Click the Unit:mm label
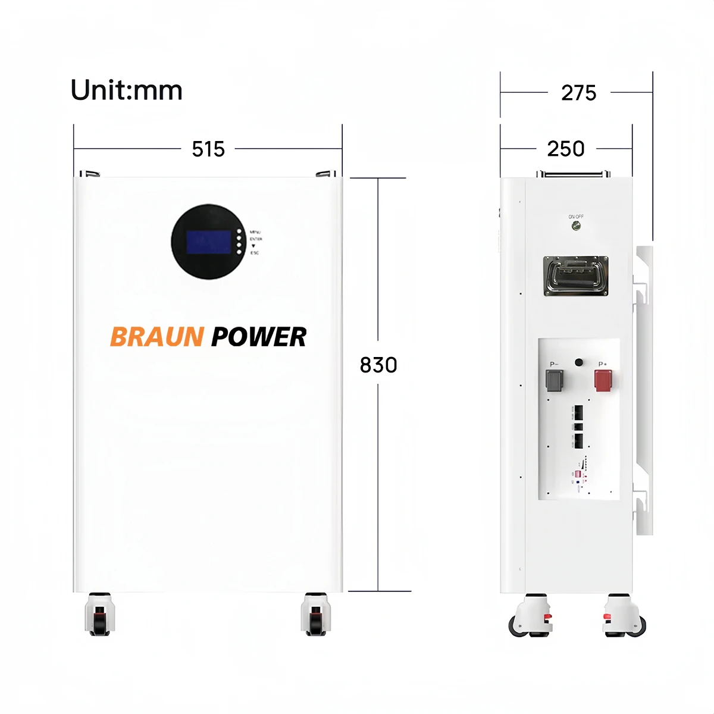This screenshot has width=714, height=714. (x=126, y=90)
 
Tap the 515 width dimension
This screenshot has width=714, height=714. (x=208, y=149)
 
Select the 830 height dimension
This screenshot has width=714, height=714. (x=378, y=365)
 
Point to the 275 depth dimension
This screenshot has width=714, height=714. (x=578, y=93)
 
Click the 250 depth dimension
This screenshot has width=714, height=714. (x=566, y=149)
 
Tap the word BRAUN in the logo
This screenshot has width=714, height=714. (x=157, y=337)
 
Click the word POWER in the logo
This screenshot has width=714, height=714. (x=259, y=337)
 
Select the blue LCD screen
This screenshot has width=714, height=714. (x=208, y=242)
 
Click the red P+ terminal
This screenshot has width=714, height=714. (x=603, y=380)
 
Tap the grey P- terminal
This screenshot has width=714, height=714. (x=554, y=380)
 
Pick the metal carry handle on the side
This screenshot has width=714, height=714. (x=575, y=276)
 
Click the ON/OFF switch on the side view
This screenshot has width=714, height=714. (x=575, y=226)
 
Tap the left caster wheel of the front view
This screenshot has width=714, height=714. (x=99, y=615)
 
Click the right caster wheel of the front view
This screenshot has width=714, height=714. (x=315, y=615)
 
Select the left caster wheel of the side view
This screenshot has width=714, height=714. (x=530, y=616)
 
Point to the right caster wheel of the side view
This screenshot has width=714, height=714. (x=625, y=616)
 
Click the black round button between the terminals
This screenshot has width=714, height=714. (x=579, y=362)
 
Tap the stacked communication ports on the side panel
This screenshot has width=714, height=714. (x=578, y=426)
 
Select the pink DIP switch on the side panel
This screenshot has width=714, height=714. (x=577, y=474)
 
